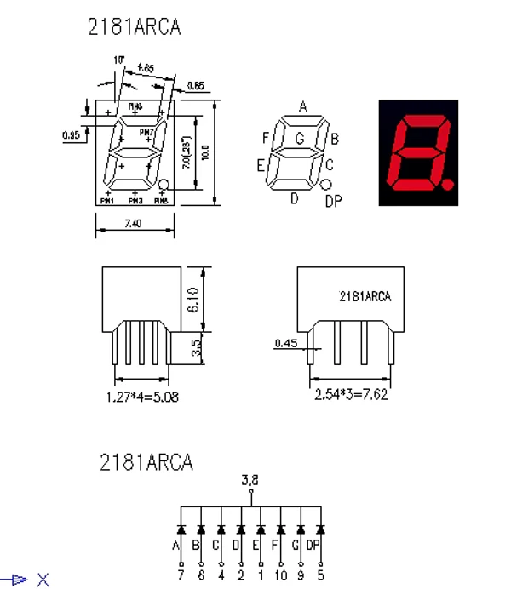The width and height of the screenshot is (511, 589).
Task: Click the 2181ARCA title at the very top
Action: (x=135, y=27)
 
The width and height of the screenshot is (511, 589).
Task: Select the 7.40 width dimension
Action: (x=134, y=223)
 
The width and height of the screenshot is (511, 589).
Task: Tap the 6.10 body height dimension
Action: (x=193, y=300)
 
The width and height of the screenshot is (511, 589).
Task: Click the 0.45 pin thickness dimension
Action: (x=285, y=344)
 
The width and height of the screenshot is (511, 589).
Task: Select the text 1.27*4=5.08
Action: (x=142, y=397)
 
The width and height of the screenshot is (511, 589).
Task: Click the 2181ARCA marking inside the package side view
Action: (x=365, y=296)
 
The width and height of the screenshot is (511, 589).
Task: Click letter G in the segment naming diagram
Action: (x=299, y=138)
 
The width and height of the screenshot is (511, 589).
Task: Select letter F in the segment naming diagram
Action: (x=266, y=138)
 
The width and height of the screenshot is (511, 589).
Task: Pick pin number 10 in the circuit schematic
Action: (x=280, y=575)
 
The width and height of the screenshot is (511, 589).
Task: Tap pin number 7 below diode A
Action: (x=181, y=575)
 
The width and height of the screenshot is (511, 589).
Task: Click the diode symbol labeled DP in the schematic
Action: (x=320, y=529)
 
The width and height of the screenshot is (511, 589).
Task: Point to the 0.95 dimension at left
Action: (x=72, y=134)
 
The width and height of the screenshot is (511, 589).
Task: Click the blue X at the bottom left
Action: (x=43, y=580)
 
